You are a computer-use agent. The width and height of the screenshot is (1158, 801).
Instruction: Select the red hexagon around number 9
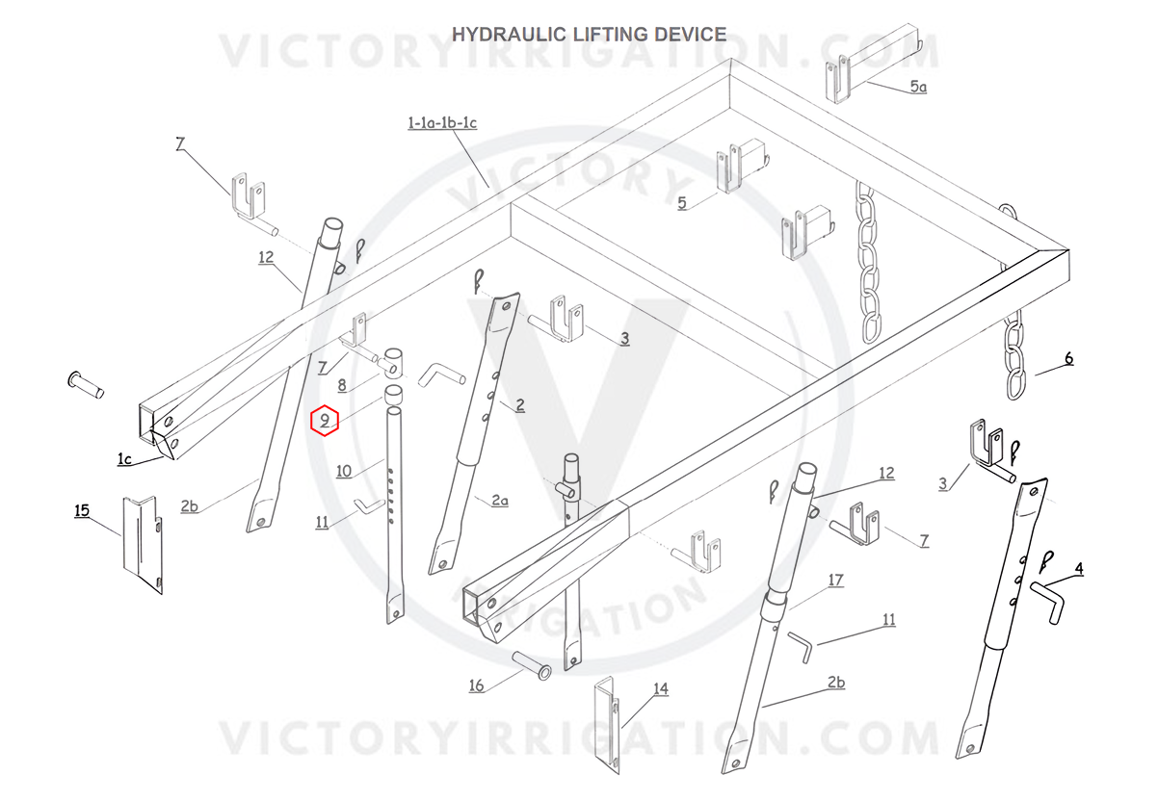tap(324, 420)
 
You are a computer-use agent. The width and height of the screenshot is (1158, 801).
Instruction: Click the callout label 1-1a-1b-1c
tap(442, 123)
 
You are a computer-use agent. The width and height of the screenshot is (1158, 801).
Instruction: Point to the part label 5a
tap(918, 87)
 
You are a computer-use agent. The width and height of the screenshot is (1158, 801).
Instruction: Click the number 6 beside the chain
tap(1068, 358)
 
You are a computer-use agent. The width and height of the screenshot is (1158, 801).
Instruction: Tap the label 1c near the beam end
tap(124, 458)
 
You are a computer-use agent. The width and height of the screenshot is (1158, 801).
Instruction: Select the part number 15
tap(82, 510)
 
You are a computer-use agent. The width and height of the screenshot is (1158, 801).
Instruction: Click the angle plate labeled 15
tap(143, 545)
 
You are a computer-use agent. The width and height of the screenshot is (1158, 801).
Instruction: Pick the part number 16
tap(476, 685)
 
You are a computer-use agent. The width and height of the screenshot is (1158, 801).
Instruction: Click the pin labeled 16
tap(532, 665)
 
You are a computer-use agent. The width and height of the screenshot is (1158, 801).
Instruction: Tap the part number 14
tap(661, 689)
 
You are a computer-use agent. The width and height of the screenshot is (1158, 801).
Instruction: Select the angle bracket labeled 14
tap(607, 725)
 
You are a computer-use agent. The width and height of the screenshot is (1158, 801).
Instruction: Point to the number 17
tap(836, 581)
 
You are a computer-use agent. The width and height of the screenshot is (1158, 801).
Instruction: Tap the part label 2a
tap(499, 500)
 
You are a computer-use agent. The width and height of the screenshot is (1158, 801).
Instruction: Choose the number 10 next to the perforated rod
tap(344, 472)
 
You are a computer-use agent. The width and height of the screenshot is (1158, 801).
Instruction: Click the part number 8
tap(342, 385)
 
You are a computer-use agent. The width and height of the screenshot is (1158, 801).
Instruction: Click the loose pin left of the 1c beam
tap(86, 385)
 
